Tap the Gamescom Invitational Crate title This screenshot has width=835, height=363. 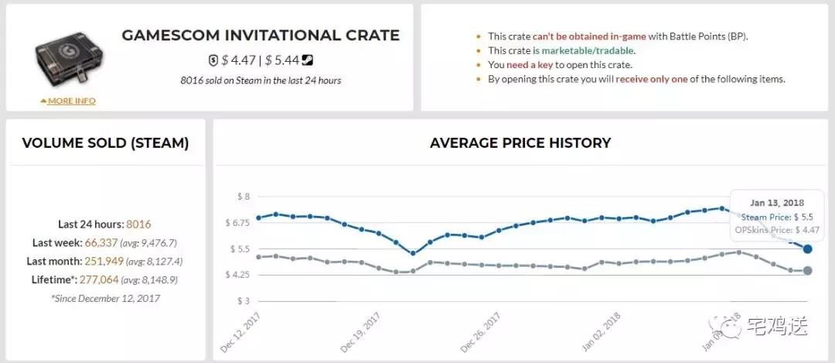[x=261, y=36]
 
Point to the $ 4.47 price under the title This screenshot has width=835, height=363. [x=235, y=60]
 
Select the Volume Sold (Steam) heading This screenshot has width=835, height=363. [x=105, y=143]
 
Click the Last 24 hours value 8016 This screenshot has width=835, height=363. [x=138, y=224]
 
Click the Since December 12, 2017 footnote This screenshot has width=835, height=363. [x=105, y=297]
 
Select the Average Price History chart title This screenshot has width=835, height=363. [x=520, y=143]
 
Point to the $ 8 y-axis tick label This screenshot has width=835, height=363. [x=244, y=197]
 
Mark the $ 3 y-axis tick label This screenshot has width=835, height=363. [x=244, y=301]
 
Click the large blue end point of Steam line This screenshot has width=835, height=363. [x=807, y=248]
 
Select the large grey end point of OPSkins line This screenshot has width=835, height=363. [x=807, y=270]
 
